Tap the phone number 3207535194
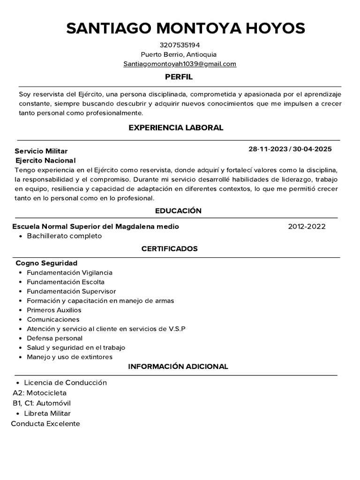click(x=180, y=45)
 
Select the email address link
click(x=180, y=64)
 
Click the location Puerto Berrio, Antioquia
click(x=180, y=54)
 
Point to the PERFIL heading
click(x=179, y=77)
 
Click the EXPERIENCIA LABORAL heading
click(x=176, y=127)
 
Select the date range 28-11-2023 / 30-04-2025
click(x=290, y=149)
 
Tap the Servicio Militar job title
click(x=41, y=151)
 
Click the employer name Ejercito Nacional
click(x=45, y=160)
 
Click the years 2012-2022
click(x=307, y=226)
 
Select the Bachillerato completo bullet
click(x=64, y=236)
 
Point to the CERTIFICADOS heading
click(x=170, y=248)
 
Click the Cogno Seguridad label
click(x=46, y=263)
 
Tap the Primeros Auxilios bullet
click(x=54, y=310)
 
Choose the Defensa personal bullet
click(x=54, y=338)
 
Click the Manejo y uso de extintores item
click(x=69, y=357)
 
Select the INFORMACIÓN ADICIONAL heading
click(x=178, y=367)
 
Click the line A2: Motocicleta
click(x=40, y=393)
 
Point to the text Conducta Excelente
click(x=45, y=424)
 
